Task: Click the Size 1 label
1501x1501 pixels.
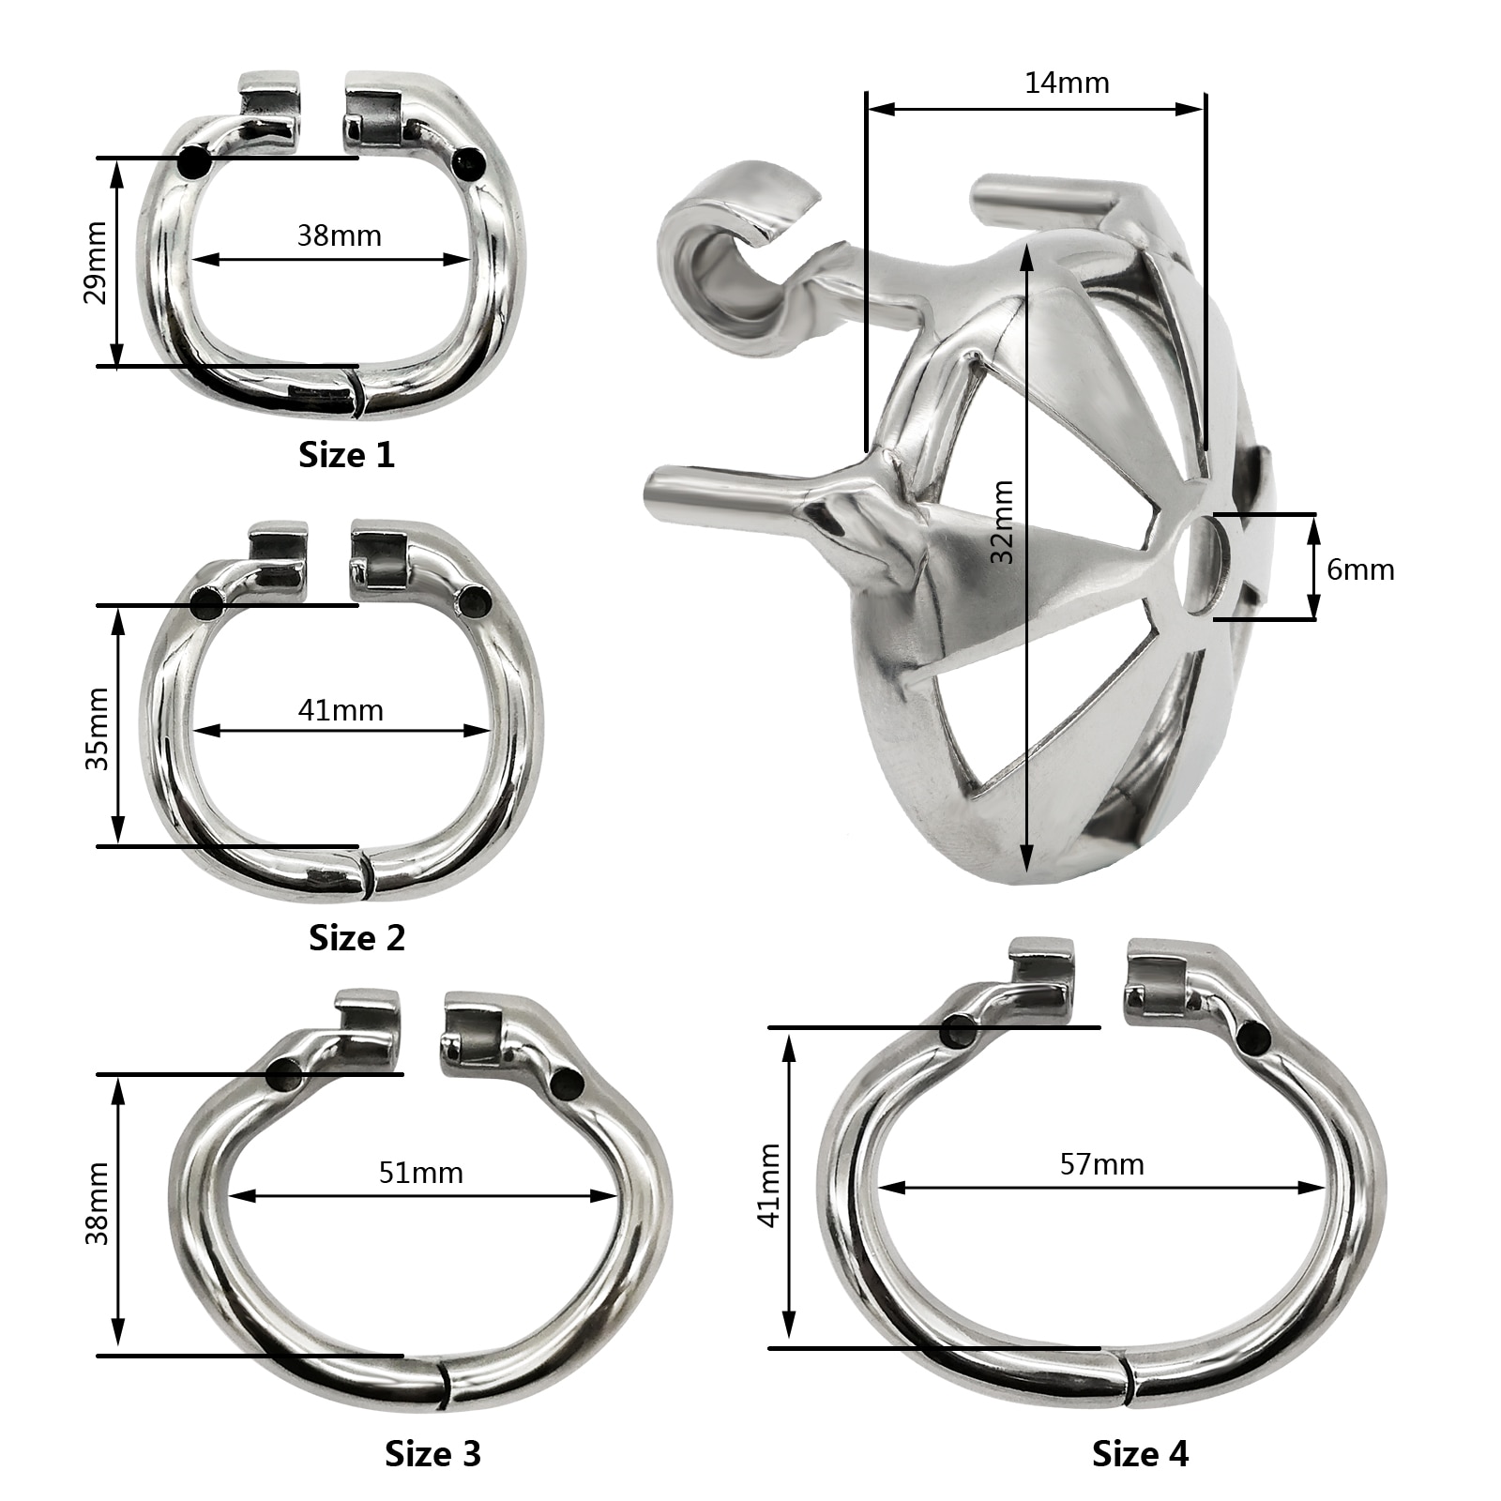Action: coord(346,455)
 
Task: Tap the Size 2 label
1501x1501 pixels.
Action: coord(356,937)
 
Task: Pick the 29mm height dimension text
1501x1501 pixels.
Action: coord(97,263)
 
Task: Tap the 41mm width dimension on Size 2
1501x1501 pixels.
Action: coord(341,710)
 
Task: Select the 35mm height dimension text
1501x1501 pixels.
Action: coord(97,729)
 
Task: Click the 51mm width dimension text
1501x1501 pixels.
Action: coord(421,1173)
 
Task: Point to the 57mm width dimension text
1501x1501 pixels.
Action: coord(1102,1164)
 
